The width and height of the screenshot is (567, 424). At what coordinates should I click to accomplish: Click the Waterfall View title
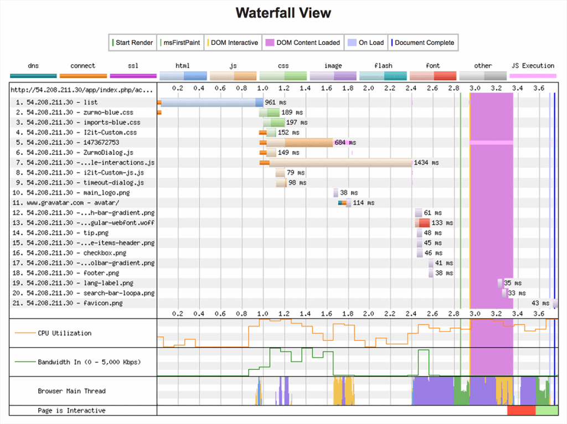[283, 13]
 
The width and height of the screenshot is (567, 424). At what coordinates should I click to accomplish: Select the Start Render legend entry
[133, 43]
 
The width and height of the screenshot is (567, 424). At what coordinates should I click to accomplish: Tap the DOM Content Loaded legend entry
[302, 43]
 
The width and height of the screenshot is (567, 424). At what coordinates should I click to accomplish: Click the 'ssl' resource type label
[133, 66]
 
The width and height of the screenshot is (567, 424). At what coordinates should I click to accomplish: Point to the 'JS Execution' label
[533, 66]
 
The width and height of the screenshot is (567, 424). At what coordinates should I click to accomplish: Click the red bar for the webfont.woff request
[423, 223]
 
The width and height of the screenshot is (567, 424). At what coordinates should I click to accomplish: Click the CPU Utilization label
[64, 333]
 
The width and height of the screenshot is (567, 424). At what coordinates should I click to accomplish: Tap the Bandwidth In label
[89, 362]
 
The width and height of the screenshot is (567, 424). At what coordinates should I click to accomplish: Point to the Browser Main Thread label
[71, 391]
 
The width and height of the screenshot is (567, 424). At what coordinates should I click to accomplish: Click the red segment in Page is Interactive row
[521, 411]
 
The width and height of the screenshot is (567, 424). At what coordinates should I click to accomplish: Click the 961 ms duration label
[276, 102]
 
